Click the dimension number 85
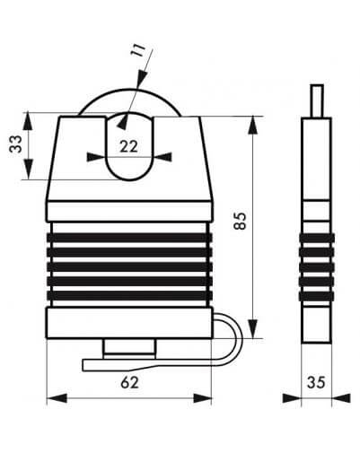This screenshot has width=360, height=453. click(240, 221)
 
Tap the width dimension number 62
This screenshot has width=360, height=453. click(130, 382)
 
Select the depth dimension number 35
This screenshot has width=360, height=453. click(316, 382)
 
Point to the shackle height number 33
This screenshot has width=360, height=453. click(15, 144)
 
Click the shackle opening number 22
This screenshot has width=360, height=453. click(128, 146)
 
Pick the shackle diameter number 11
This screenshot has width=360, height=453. click(138, 50)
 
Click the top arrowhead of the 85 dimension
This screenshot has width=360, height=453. click(253, 125)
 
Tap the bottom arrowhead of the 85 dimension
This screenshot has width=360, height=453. click(253, 329)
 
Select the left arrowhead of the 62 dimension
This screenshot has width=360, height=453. click(57, 398)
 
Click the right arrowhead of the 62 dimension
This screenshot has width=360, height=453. click(202, 398)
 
